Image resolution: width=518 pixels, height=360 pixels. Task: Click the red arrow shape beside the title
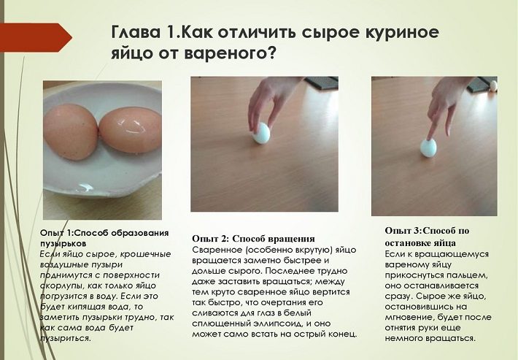tap(35, 37)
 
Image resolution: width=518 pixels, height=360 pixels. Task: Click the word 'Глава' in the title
tap(136, 31)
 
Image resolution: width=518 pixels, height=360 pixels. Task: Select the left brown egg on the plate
tap(71, 132)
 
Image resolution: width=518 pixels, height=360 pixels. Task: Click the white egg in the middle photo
tap(262, 133)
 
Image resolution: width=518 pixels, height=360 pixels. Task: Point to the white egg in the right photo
tap(428, 148)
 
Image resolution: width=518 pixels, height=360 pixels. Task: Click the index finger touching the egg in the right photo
tap(433, 122)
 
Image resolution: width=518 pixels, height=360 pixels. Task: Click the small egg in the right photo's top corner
tap(493, 85)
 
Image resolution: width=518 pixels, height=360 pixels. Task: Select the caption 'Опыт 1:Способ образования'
tap(104, 233)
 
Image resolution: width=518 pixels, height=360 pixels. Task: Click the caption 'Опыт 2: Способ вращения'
tap(253, 238)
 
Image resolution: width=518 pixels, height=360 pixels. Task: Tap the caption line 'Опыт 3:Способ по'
tap(427, 231)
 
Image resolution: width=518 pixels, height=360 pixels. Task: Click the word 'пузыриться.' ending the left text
tap(65, 339)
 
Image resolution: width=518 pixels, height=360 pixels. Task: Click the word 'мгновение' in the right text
tap(409, 318)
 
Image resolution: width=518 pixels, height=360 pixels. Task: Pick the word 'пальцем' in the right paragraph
tap(469, 275)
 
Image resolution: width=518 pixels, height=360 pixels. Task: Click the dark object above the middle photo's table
tap(321, 84)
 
